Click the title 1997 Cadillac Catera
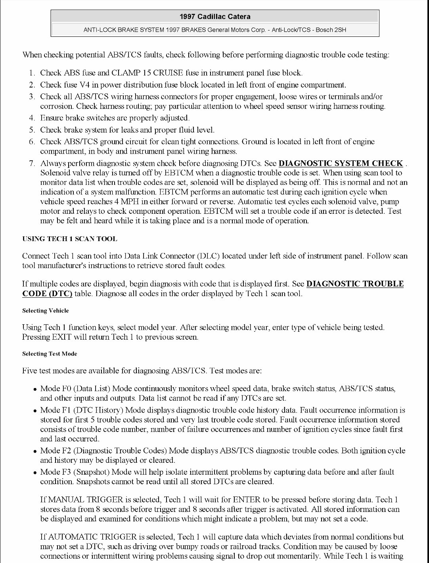[x=214, y=17]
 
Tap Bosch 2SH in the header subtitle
[x=331, y=30]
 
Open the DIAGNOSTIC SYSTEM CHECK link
[x=341, y=164]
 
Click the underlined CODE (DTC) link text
[x=47, y=294]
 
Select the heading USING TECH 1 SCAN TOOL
[x=69, y=239]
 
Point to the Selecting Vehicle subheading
[x=45, y=311]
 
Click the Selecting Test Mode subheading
[x=50, y=354]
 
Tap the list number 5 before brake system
[x=33, y=130]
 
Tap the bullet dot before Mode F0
[x=35, y=389]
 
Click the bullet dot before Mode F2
[x=35, y=451]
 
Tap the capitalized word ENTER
[x=247, y=500]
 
